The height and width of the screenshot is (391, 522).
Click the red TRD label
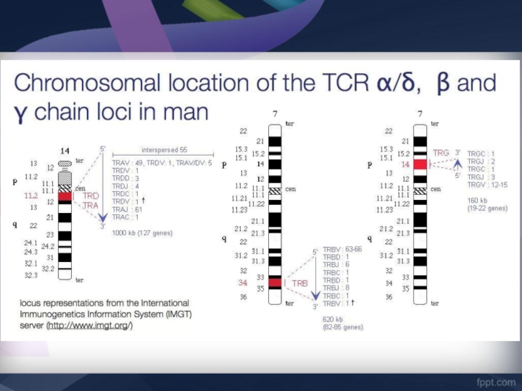[90, 195]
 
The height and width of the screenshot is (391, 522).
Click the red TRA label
[90, 205]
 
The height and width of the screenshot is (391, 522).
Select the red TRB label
[299, 283]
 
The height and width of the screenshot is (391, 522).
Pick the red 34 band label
[243, 283]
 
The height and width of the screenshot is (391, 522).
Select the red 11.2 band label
[31, 195]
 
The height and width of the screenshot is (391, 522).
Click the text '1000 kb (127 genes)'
[142, 232]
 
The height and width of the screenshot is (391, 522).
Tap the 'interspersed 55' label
[164, 149]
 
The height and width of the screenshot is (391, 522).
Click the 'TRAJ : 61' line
[129, 209]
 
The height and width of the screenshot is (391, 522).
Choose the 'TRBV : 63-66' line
[342, 250]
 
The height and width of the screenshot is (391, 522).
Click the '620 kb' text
[332, 319]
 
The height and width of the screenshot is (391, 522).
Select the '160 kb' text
[478, 201]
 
